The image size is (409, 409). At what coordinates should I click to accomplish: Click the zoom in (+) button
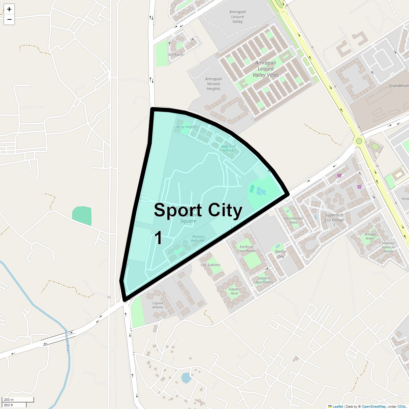tap(9, 9)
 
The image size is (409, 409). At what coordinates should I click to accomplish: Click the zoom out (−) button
tap(9, 19)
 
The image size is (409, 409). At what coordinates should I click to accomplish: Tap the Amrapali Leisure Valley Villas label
tap(266, 69)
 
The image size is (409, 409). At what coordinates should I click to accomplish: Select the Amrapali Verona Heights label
tap(214, 84)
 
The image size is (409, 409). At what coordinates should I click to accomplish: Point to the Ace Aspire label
tap(176, 55)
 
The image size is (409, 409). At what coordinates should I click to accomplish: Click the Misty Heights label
tap(186, 127)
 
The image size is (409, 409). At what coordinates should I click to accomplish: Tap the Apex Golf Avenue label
tap(228, 148)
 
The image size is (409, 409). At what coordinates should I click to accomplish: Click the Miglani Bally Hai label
tap(198, 239)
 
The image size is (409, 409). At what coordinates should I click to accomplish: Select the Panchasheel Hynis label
tap(293, 220)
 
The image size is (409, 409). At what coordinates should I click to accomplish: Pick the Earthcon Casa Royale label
tap(246, 249)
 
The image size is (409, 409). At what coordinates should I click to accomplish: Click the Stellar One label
tap(281, 254)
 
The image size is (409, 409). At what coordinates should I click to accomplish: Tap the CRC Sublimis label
tap(210, 265)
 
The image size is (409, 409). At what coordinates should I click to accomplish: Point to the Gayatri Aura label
tap(234, 291)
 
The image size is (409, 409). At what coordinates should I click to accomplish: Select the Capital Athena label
tap(158, 305)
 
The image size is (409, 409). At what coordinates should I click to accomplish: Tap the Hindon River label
tap(67, 341)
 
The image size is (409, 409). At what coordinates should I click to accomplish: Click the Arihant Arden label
tap(370, 236)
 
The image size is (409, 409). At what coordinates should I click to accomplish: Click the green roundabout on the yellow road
tap(359, 141)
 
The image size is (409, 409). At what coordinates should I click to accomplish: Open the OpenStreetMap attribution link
tap(374, 406)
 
